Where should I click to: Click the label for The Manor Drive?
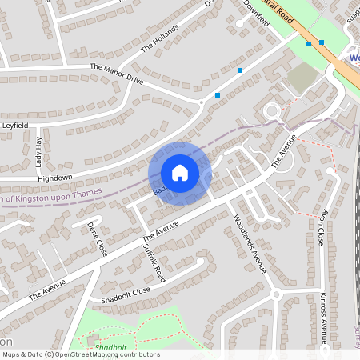(x=117, y=74)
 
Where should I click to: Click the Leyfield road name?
(x=15, y=126)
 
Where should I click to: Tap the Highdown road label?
(x=55, y=177)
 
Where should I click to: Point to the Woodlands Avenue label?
(x=248, y=243)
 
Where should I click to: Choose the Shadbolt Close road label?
(x=120, y=294)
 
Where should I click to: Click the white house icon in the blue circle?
(x=180, y=173)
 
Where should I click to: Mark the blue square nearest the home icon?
(x=218, y=95)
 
